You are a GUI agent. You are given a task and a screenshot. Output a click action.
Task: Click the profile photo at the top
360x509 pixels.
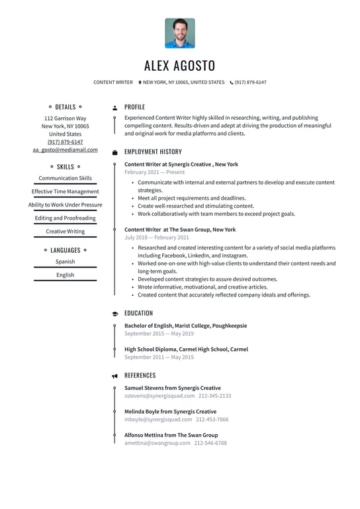coord(180,33)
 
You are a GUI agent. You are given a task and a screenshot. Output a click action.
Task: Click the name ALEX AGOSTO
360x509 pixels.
coord(180,66)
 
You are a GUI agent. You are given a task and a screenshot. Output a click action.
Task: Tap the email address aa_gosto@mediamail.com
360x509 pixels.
coord(65,150)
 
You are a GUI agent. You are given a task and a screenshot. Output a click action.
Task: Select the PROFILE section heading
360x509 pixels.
coord(134,107)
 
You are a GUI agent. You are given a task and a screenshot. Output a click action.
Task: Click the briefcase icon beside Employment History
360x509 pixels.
coord(114,152)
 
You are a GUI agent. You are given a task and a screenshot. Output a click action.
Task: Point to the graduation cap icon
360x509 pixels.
coord(114,314)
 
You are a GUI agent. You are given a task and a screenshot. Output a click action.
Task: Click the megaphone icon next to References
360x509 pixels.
coord(114,376)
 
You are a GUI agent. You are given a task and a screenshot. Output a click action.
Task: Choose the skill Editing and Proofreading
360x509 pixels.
coord(65,218)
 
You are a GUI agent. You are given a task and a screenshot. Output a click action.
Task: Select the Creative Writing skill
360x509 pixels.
coord(65,232)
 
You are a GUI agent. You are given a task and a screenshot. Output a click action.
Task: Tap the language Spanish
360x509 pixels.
coord(65,261)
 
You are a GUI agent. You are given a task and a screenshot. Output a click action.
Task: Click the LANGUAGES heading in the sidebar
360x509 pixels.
coord(65,250)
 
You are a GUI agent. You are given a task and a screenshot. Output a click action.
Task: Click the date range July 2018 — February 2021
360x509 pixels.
coord(157,238)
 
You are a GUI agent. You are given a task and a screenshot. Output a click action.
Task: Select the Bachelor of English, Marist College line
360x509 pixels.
coord(185,326)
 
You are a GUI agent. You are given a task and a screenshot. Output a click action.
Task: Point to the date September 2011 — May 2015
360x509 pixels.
coord(159,357)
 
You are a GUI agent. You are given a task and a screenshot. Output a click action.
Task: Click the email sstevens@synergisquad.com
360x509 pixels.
coord(159,396)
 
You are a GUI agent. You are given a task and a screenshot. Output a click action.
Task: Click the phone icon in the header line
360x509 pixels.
coord(232,83)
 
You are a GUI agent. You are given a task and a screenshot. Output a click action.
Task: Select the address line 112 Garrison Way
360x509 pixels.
coord(65,118)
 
